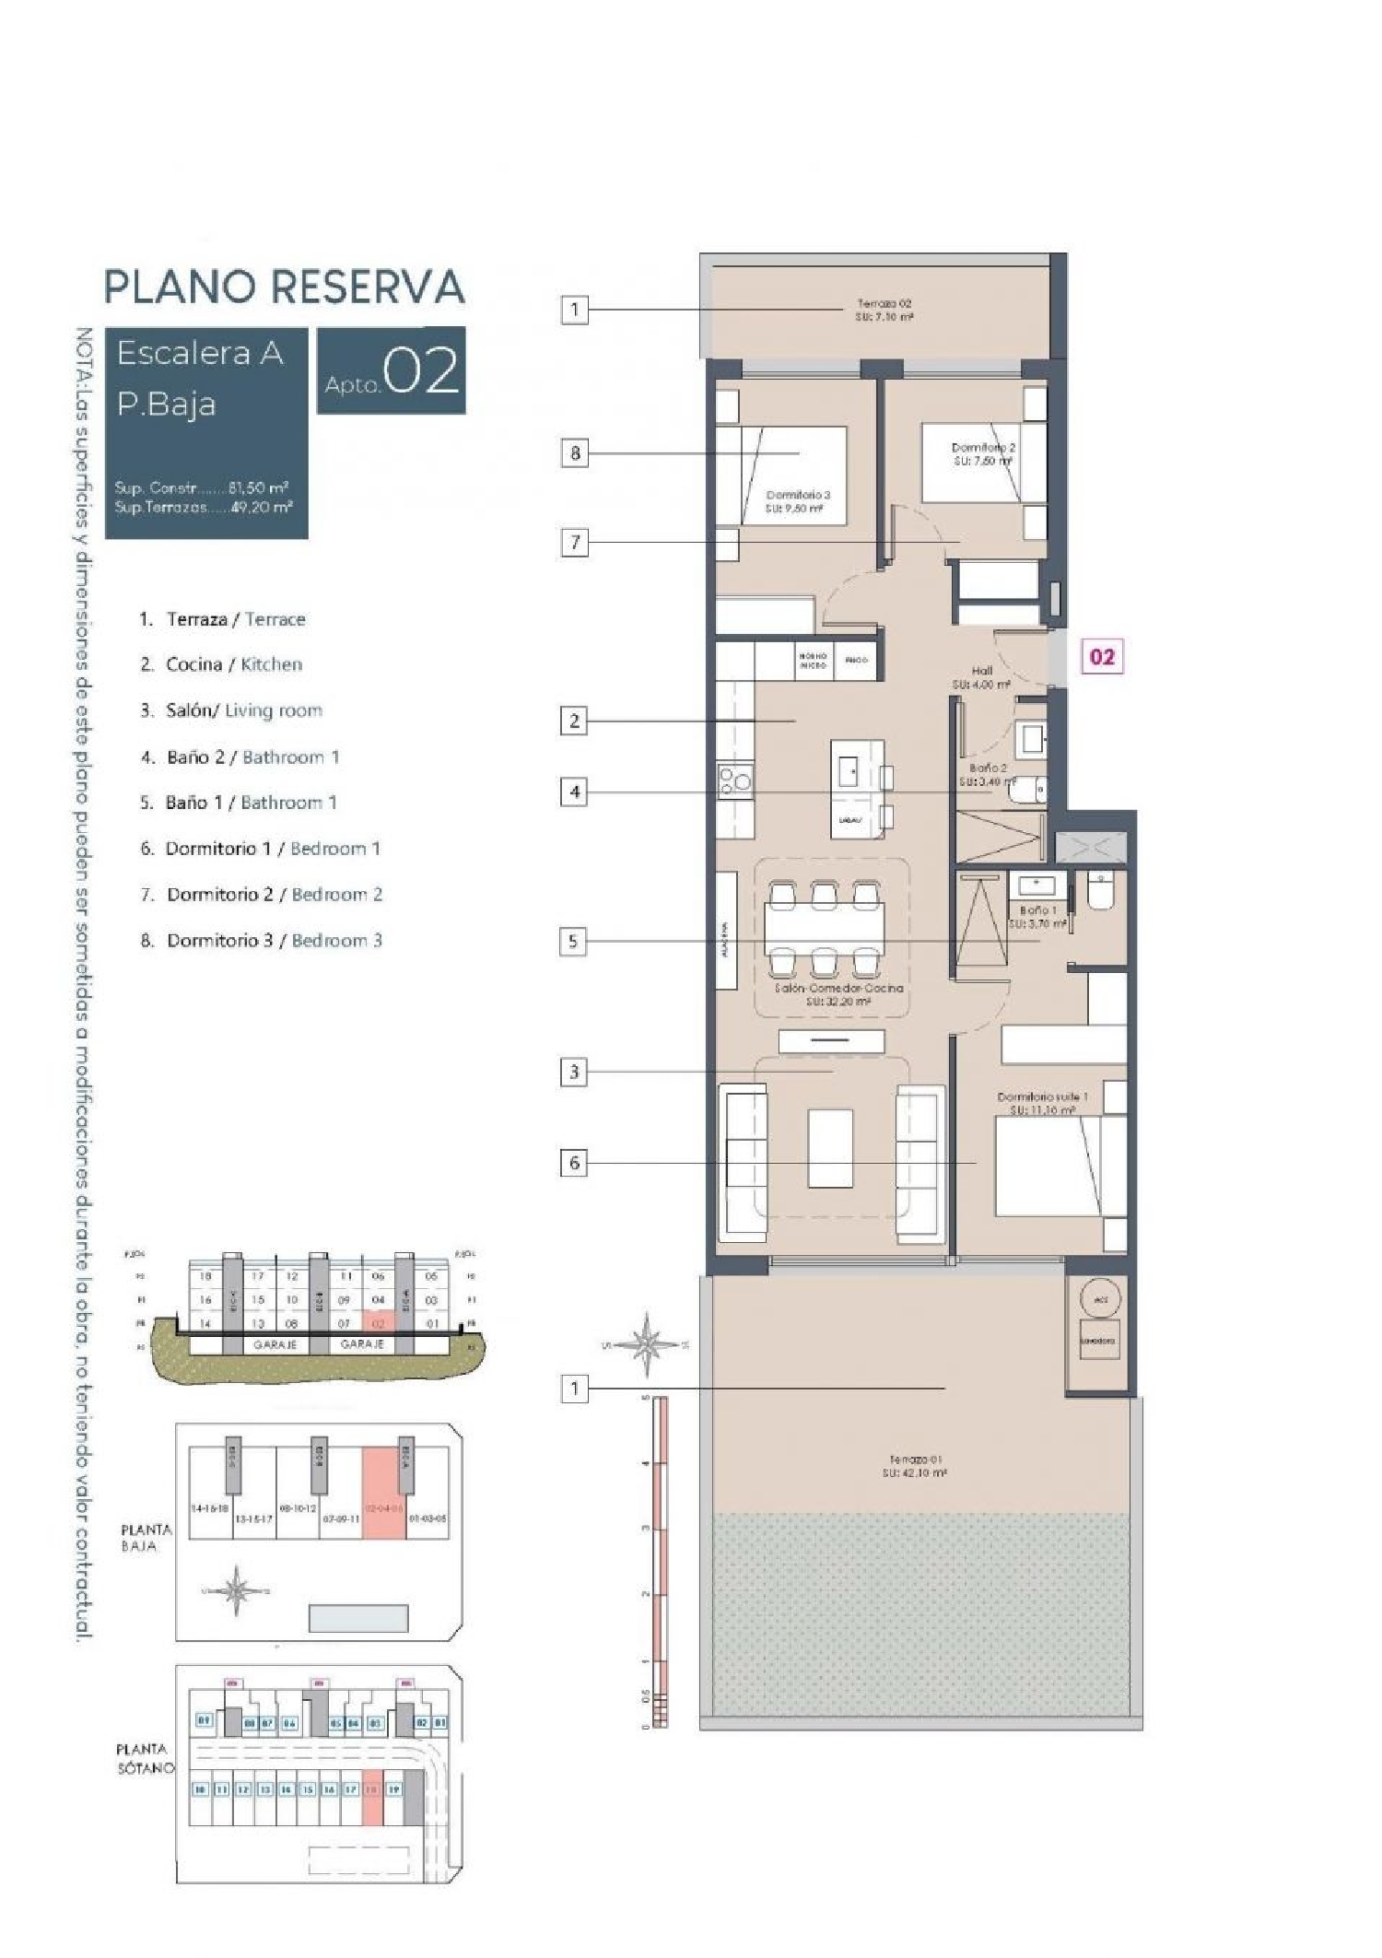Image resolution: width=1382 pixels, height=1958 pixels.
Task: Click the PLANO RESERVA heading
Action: (284, 287)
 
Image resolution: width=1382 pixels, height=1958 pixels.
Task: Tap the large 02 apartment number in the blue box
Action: (420, 372)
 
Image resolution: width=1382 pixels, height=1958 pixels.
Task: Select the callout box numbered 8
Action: (575, 452)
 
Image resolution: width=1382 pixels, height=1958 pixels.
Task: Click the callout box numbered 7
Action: (575, 542)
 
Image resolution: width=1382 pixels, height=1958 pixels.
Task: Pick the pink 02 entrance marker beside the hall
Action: (1102, 657)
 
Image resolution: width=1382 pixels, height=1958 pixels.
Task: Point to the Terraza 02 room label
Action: (884, 310)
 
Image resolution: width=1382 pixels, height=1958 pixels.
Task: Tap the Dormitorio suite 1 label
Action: (1042, 1103)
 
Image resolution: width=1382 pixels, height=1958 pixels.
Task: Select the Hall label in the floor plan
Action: (981, 677)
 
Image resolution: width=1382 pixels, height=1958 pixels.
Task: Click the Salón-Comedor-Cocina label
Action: (838, 993)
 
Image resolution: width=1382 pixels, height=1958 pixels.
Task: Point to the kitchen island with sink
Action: (856, 788)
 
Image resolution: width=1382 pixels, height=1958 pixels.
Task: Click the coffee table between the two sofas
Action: (830, 1147)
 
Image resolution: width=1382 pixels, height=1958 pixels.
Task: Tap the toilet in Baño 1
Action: (1101, 890)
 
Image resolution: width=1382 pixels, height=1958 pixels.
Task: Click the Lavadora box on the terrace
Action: (1097, 1341)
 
